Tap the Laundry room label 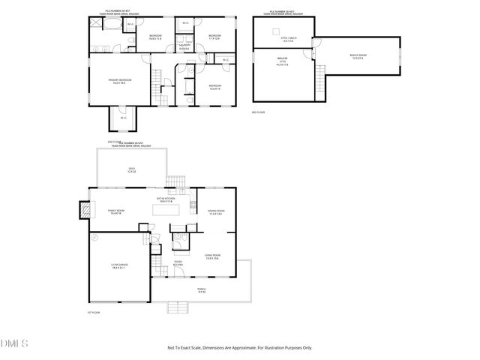pyautogui.click(x=184, y=47)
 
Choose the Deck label pyautogui.click(x=131, y=170)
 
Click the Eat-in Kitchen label pyautogui.click(x=165, y=200)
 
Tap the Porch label pyautogui.click(x=201, y=290)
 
